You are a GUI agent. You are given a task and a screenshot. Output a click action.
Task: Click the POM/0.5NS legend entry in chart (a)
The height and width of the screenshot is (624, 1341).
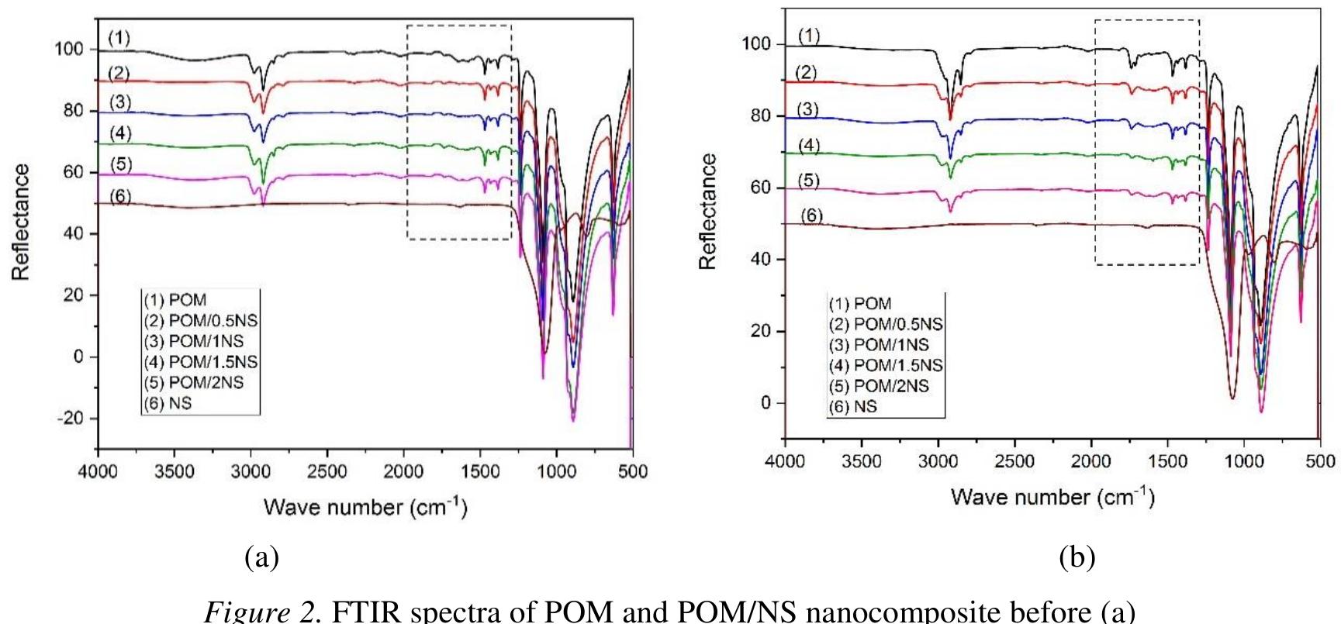(201, 321)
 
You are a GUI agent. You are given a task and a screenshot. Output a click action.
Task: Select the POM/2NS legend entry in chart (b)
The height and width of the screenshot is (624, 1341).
(879, 385)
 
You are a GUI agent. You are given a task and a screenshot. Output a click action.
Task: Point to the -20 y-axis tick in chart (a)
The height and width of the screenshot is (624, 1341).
(76, 419)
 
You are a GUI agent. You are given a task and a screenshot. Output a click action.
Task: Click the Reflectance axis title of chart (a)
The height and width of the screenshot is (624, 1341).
(21, 222)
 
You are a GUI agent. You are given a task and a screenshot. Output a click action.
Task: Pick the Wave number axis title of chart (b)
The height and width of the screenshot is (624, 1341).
(1052, 496)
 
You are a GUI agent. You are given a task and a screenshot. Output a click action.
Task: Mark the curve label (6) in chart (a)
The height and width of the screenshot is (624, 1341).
(119, 197)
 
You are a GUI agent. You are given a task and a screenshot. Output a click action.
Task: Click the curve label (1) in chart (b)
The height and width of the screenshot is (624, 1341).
(808, 36)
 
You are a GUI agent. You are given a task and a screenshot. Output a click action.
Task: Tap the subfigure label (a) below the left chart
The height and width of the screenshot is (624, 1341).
(261, 557)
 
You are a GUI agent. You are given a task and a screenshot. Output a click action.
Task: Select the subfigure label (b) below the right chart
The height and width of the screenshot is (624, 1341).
(1077, 557)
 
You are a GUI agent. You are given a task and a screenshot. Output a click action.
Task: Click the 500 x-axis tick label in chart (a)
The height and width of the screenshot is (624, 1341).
(633, 471)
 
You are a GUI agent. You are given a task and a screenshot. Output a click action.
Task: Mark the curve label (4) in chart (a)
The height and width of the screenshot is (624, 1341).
(119, 133)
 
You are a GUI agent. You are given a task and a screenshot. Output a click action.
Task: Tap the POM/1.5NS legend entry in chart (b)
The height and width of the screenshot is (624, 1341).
(887, 364)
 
